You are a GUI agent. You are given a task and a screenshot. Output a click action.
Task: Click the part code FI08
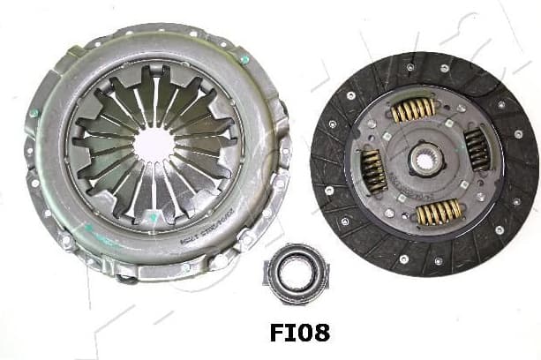coord(300,333)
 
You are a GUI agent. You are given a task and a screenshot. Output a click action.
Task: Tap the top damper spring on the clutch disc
coord(413,109)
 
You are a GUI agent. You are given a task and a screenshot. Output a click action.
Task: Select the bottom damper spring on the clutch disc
coord(439,211)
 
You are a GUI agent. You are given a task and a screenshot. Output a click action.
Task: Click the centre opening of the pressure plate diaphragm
coord(155,144)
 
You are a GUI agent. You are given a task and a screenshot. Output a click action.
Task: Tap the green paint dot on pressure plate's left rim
coord(34,113)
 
